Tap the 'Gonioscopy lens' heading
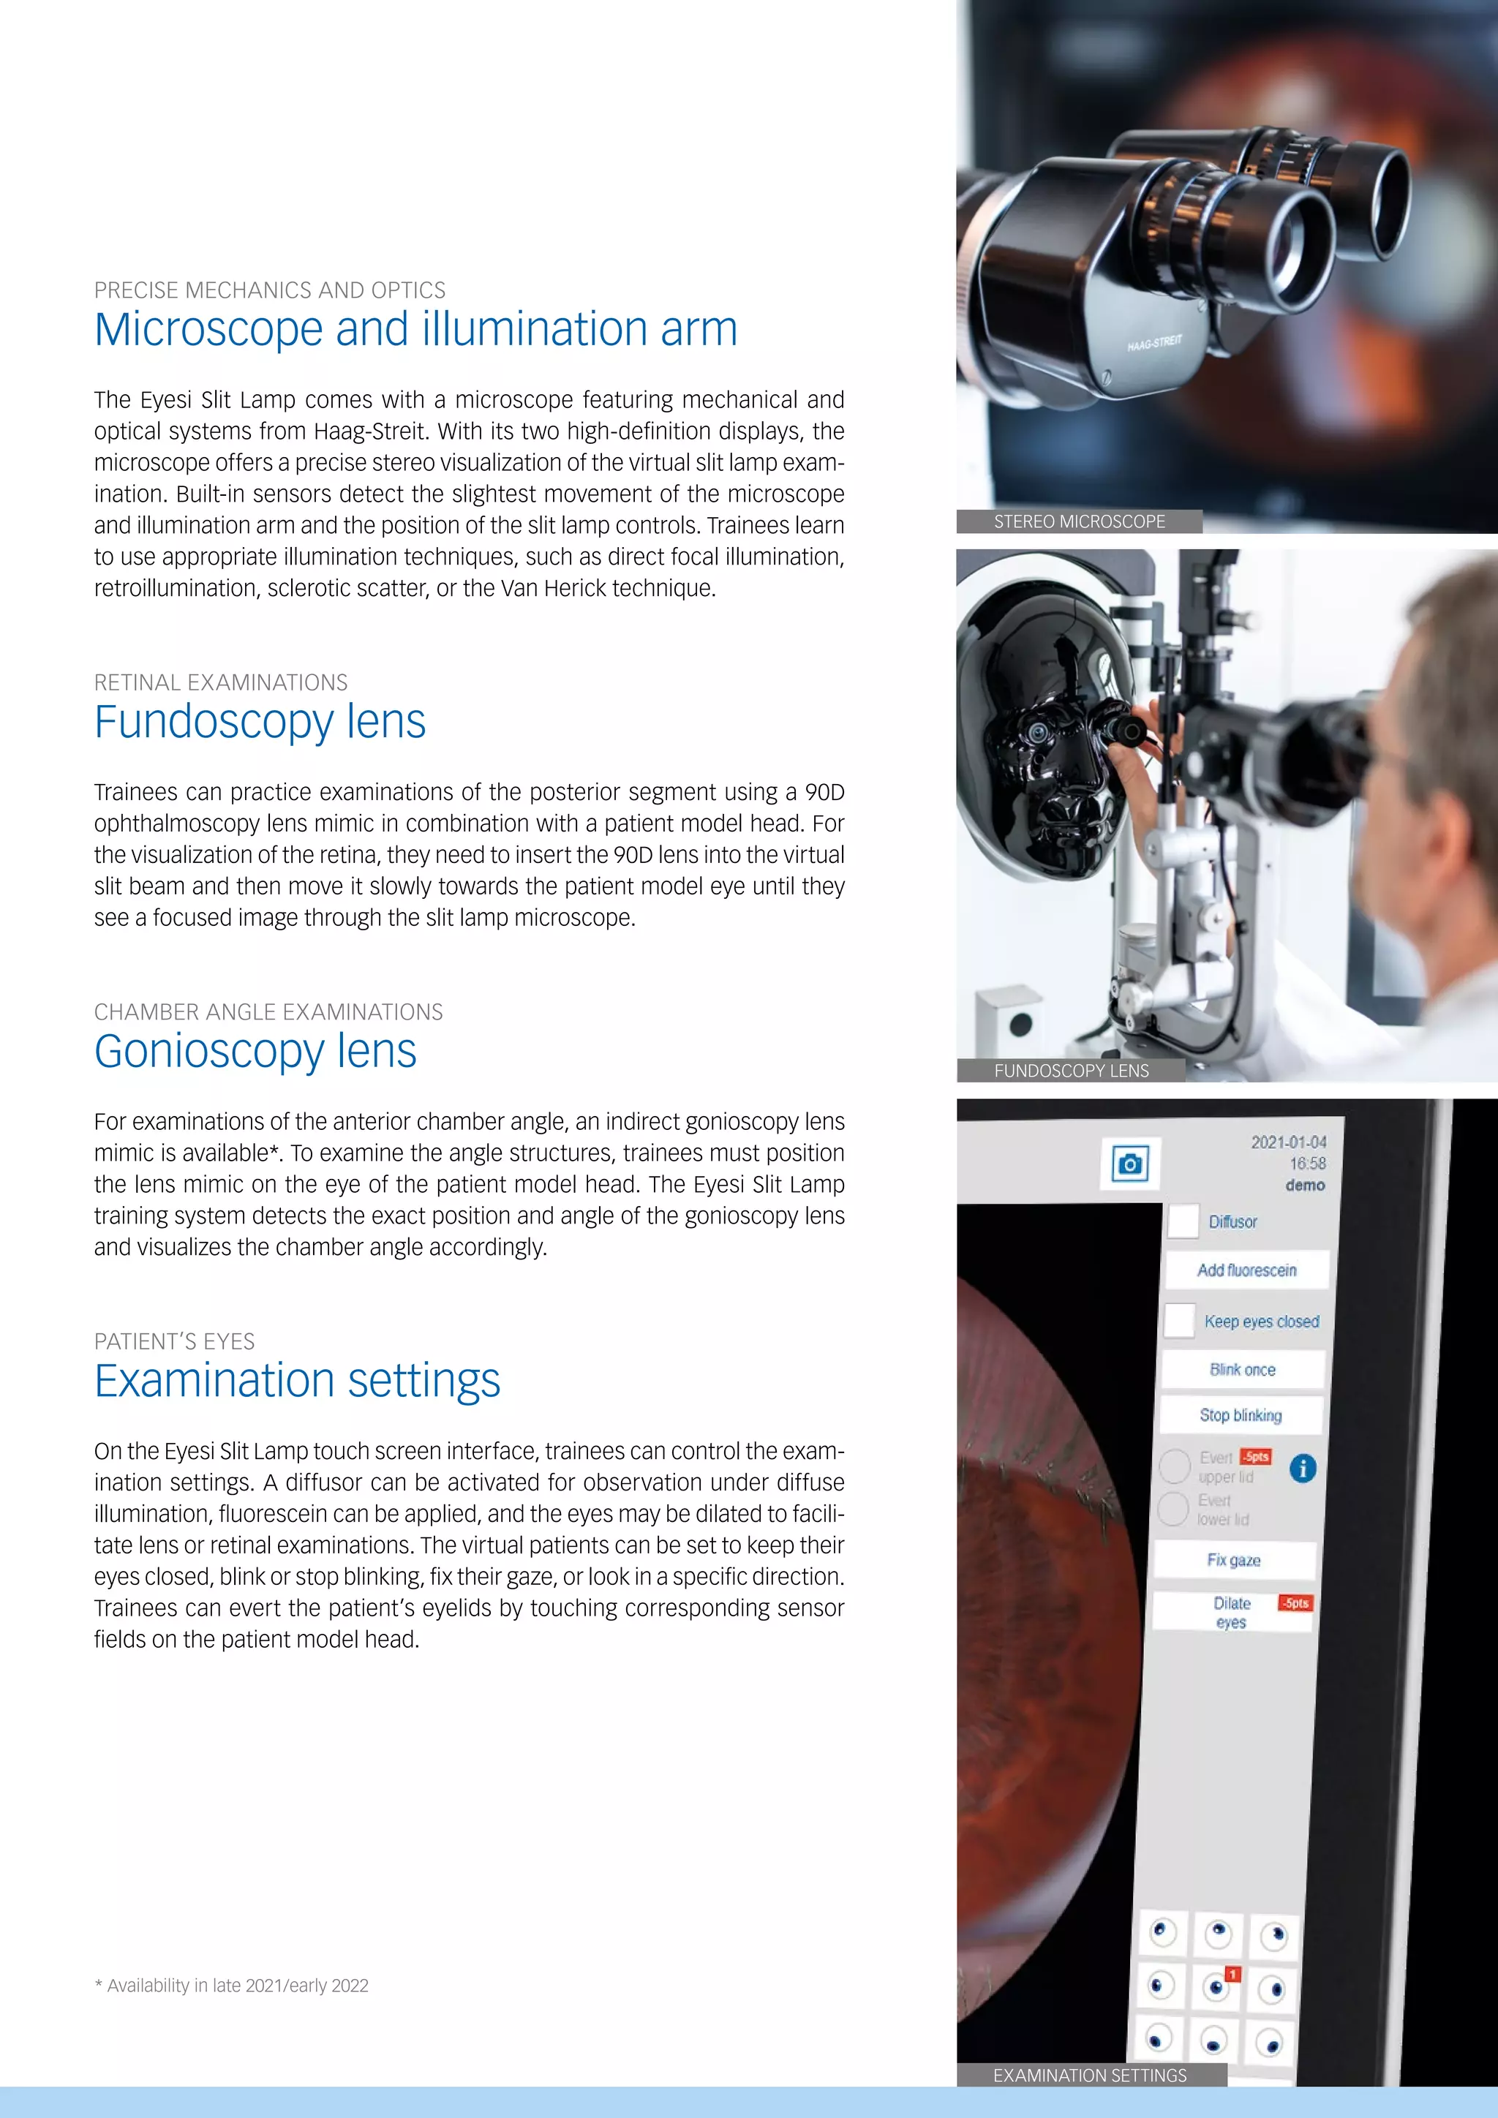(255, 1051)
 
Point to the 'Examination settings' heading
(297, 1380)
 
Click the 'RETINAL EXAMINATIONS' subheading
(220, 682)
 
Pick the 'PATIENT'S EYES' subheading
(174, 1341)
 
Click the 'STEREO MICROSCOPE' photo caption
(1078, 522)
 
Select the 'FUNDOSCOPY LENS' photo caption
(1071, 1071)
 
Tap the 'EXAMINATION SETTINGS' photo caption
(1089, 2076)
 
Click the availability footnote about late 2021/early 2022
(232, 1986)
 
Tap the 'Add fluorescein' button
(1246, 1270)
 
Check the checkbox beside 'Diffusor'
(1183, 1221)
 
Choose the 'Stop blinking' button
(1240, 1415)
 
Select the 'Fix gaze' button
(1233, 1560)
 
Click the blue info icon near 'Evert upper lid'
(1303, 1468)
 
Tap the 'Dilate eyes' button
(1232, 1613)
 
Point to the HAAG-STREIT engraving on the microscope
(1154, 343)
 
